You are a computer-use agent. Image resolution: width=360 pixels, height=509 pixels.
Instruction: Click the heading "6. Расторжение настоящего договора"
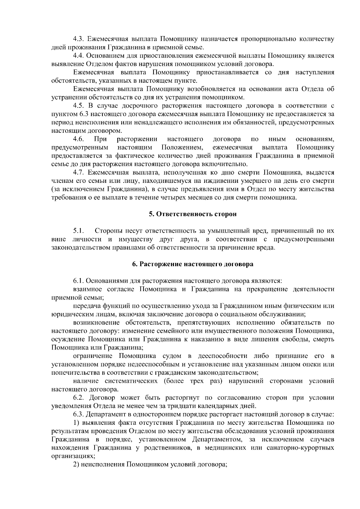point(193,264)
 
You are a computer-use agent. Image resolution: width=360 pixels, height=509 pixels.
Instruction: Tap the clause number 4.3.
point(80,39)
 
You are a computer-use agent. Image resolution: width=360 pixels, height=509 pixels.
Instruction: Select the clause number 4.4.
point(80,56)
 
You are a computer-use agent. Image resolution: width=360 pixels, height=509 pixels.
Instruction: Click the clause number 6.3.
point(80,415)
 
